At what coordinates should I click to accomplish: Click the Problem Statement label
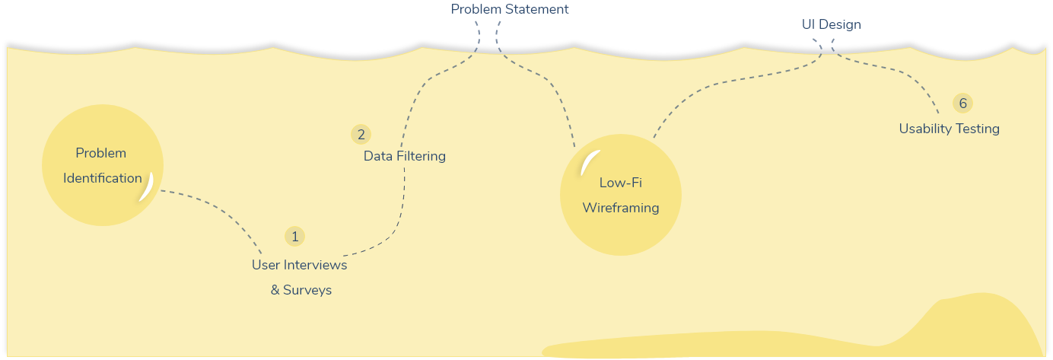click(x=510, y=10)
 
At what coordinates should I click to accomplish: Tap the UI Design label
click(x=831, y=24)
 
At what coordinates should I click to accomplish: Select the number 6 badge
click(x=962, y=104)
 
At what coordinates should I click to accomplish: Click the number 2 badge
click(x=361, y=135)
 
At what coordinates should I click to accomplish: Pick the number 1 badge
click(x=294, y=237)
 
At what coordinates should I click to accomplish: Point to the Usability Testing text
click(x=949, y=129)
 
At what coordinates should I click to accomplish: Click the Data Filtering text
click(x=404, y=156)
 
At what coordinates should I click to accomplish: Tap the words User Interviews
click(x=299, y=265)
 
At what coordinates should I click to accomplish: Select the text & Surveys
click(x=301, y=290)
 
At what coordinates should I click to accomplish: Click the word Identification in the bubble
click(x=103, y=178)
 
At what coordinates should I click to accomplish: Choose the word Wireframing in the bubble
click(x=620, y=208)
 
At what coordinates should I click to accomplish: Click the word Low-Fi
click(x=620, y=183)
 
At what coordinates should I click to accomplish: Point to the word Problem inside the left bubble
click(x=100, y=153)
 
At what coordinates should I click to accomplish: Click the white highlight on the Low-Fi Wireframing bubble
click(x=587, y=163)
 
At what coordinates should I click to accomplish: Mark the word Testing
click(x=978, y=129)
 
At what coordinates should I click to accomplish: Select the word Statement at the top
click(x=539, y=10)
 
